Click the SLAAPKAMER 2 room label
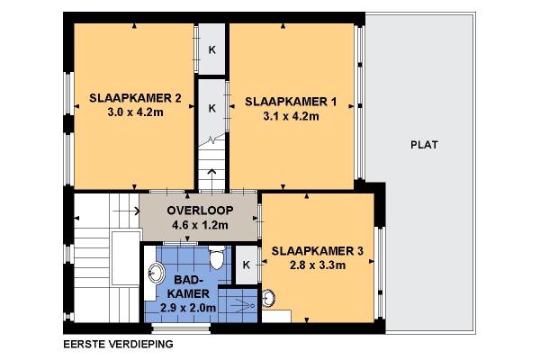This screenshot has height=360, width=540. click(x=135, y=98)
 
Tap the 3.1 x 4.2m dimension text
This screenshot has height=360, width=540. click(x=291, y=116)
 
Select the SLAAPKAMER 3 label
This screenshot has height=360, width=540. click(x=317, y=251)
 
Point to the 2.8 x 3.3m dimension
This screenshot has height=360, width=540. click(x=318, y=265)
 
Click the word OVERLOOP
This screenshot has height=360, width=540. click(x=200, y=210)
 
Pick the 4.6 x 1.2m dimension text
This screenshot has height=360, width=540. click(x=200, y=225)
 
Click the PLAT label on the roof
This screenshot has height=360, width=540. click(x=424, y=145)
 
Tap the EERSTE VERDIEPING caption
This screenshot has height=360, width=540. click(x=118, y=344)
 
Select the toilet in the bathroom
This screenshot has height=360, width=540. click(x=217, y=257)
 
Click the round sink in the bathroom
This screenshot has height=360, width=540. click(x=156, y=273)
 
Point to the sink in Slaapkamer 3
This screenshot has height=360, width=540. click(x=268, y=298)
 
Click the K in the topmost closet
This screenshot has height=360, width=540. click(x=212, y=50)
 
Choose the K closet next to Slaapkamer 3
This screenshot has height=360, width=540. click(x=247, y=265)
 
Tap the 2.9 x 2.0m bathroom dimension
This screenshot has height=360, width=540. click(x=188, y=308)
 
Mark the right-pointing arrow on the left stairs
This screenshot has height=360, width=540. click(x=126, y=211)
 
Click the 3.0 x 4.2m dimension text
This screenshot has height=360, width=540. click(x=135, y=112)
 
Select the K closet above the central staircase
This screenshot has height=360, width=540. click(x=212, y=108)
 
